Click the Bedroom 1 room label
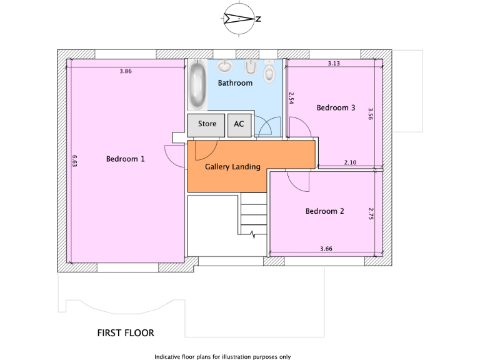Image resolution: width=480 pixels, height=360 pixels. coord(125,159)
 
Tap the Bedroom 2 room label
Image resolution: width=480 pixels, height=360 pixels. coord(324,211)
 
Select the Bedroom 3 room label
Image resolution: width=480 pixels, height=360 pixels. coord(336,108)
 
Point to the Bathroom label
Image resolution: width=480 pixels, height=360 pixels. coord(235,83)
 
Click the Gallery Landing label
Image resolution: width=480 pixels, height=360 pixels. coord(232,167)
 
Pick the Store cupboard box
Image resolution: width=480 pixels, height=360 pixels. coord(207,124)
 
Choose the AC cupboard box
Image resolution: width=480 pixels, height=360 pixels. coord(239,124)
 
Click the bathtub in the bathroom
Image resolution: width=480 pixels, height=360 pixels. coord(198,86)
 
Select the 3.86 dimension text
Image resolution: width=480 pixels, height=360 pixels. coord(126,72)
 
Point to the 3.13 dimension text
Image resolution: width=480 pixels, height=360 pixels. coord(334,64)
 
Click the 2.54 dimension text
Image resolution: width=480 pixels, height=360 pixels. coord(291,98)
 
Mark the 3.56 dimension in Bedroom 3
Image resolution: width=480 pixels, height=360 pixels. coord(371,113)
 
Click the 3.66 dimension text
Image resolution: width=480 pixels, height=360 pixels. coord(326,249)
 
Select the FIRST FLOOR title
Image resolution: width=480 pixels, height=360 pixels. coord(126,333)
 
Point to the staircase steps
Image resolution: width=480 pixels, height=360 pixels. coord(253,216)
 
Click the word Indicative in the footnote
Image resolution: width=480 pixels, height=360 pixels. coord(167,357)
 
